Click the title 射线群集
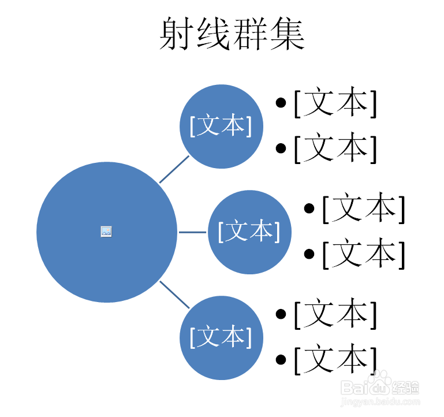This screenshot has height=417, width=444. click(x=232, y=34)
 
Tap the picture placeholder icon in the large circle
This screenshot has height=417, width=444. click(x=106, y=231)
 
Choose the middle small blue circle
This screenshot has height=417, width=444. click(x=249, y=232)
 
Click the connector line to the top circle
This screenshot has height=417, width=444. click(x=174, y=169)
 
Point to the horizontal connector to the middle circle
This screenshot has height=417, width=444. click(x=192, y=232)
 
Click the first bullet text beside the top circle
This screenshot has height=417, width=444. click(x=335, y=104)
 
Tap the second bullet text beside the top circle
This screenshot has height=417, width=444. click(x=335, y=148)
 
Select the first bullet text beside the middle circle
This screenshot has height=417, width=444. click(x=363, y=208)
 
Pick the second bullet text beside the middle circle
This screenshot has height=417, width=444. click(x=363, y=254)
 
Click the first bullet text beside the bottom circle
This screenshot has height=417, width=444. click(x=335, y=314)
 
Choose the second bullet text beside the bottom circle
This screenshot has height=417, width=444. click(x=335, y=359)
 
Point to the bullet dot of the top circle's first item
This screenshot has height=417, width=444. click(x=281, y=104)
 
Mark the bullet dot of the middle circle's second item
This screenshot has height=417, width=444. click(x=309, y=254)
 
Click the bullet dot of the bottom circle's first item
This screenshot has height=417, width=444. click(x=281, y=314)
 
